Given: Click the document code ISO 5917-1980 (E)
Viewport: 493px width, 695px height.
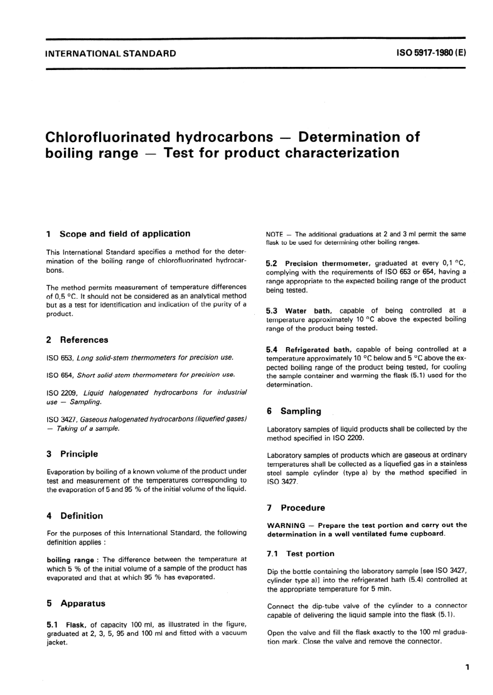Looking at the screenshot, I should tap(431, 53).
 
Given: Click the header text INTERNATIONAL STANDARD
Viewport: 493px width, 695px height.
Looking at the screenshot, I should tap(111, 53).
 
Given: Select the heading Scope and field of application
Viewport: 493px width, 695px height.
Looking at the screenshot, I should tap(125, 234).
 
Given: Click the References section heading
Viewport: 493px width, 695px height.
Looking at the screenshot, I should tap(84, 340).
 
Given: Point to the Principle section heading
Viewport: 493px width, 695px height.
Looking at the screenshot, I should tap(79, 454).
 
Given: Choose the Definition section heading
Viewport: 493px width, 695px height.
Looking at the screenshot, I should tap(81, 516).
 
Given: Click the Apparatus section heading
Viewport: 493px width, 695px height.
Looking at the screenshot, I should tap(83, 604).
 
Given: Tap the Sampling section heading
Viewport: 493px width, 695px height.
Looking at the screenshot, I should tap(300, 411).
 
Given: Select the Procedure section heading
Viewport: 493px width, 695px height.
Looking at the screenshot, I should tap(303, 508).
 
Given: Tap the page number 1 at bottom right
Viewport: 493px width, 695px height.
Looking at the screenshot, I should tap(467, 667).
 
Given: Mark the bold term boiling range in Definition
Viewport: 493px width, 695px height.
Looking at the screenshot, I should tap(70, 560).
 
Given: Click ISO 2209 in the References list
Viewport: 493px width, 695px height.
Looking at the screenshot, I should tap(62, 393).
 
